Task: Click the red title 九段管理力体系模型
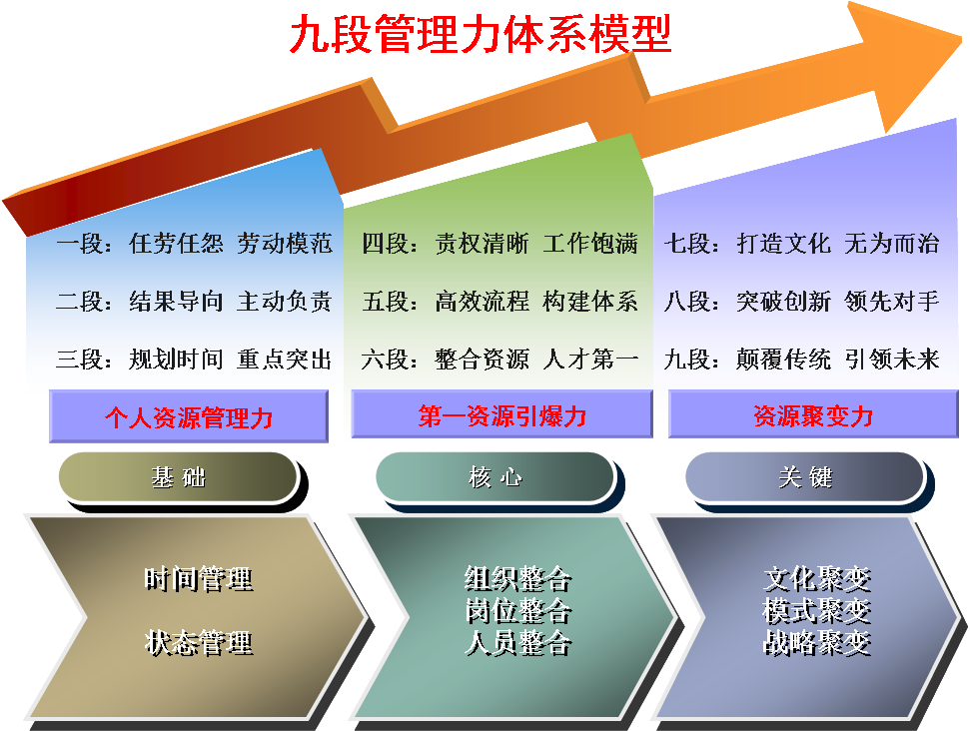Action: point(481,34)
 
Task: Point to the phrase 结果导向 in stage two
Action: point(176,302)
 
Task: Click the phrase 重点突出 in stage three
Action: point(285,360)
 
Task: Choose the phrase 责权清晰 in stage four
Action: point(482,243)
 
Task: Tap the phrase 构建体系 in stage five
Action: point(590,302)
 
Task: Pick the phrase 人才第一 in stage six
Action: point(590,359)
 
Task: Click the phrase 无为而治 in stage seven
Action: point(892,243)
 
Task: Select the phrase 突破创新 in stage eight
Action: point(784,302)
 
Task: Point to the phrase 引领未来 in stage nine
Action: point(892,360)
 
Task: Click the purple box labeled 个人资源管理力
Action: point(189,416)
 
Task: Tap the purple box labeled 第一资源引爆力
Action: point(501,413)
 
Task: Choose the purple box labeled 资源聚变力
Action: point(813,413)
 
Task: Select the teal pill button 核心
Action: point(495,476)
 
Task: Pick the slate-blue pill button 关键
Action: point(805,476)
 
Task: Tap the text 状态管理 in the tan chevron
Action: point(199,642)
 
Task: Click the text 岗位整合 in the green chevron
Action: point(518,611)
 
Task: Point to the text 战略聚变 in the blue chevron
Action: point(817,642)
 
